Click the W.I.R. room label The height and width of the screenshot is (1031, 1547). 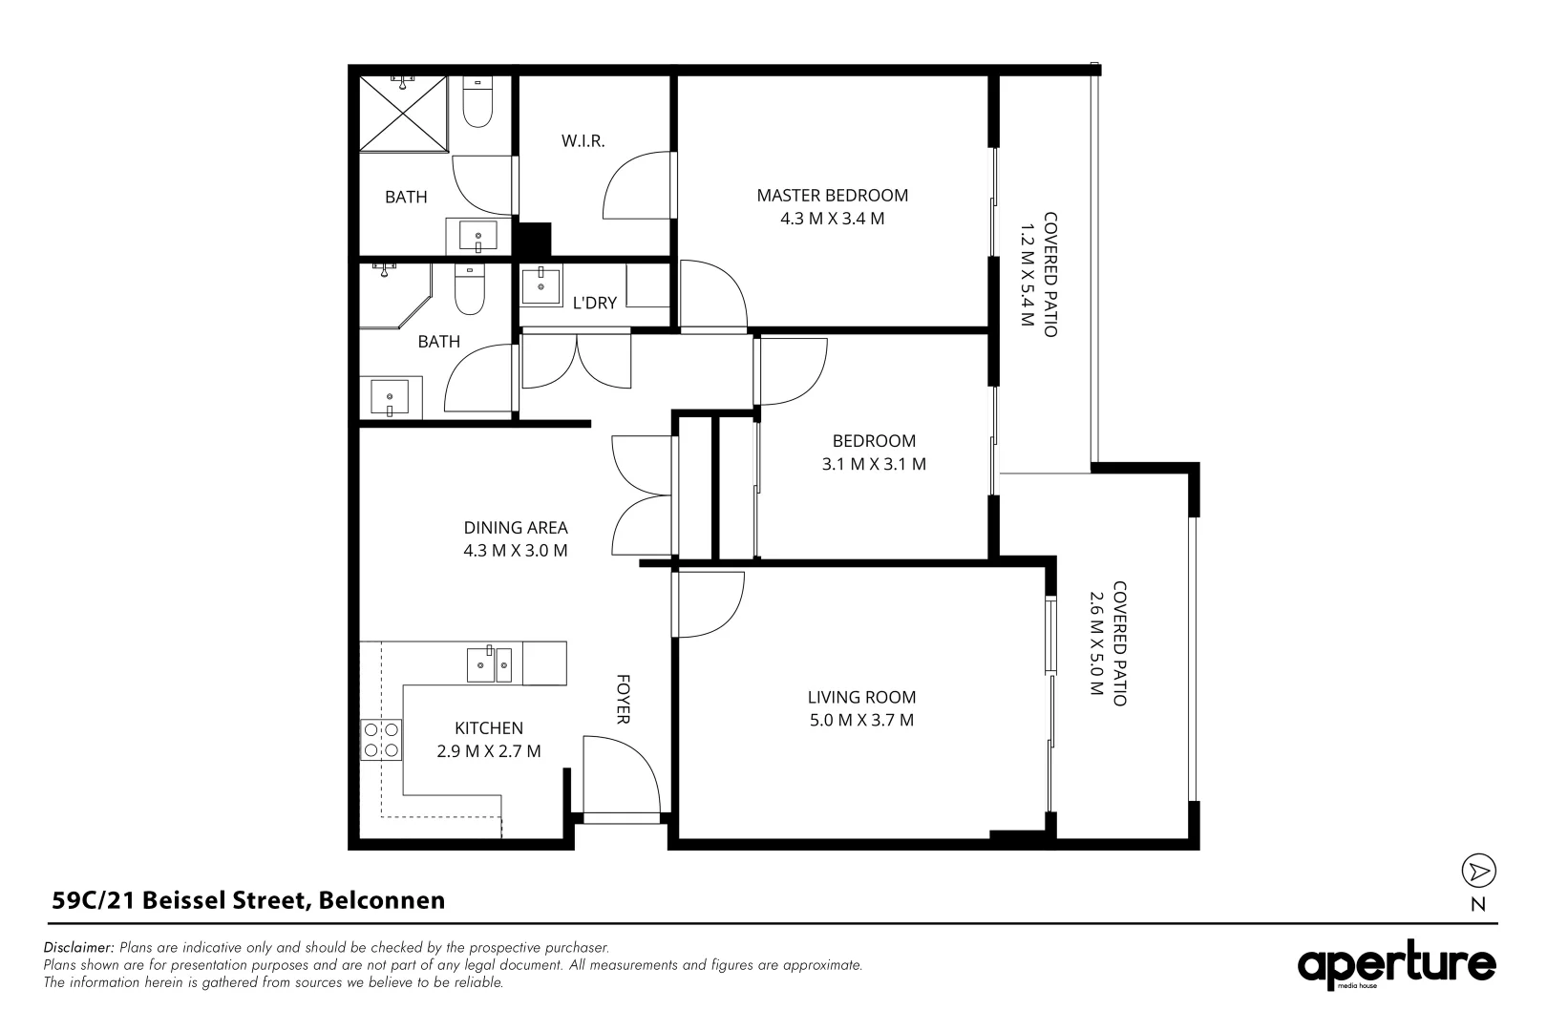pyautogui.click(x=583, y=141)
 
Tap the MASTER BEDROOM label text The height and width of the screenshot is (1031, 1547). pyautogui.click(x=832, y=196)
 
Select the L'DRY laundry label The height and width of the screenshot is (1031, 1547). pyautogui.click(x=595, y=303)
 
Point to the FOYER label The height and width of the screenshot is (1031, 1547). pyautogui.click(x=623, y=699)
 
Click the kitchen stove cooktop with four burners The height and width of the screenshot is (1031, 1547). pyautogui.click(x=381, y=740)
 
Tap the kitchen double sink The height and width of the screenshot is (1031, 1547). pyautogui.click(x=489, y=664)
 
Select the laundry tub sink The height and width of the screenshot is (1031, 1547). pyautogui.click(x=541, y=284)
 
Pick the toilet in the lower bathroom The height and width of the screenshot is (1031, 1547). pyautogui.click(x=470, y=290)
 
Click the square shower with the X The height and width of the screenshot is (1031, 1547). pyautogui.click(x=403, y=114)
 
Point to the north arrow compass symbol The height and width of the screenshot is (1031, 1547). pyautogui.click(x=1478, y=871)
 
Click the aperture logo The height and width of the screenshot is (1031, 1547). pyautogui.click(x=1396, y=964)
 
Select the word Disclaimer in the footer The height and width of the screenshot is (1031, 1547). pyautogui.click(x=78, y=947)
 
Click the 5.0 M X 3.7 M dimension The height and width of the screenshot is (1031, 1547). pyautogui.click(x=861, y=720)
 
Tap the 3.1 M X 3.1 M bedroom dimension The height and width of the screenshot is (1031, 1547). pyautogui.click(x=874, y=464)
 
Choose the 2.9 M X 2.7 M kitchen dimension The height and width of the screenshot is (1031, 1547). pyautogui.click(x=488, y=751)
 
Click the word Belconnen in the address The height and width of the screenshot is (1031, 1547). pyautogui.click(x=382, y=900)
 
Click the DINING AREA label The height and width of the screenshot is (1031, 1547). pyautogui.click(x=516, y=528)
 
